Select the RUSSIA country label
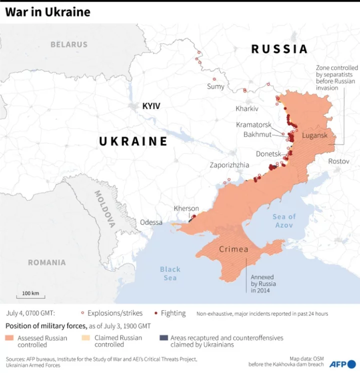click(x=279, y=49)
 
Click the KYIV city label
click(x=151, y=106)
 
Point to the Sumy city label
click(x=215, y=86)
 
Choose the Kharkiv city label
click(x=247, y=108)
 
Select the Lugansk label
click(x=314, y=135)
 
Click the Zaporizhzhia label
click(x=229, y=164)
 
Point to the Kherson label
click(x=186, y=208)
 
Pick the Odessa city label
click(x=151, y=222)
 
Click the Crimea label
click(x=233, y=249)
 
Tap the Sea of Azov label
click(x=284, y=220)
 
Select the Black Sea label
click(x=170, y=273)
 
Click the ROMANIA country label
click(x=46, y=262)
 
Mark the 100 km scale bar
click(x=30, y=297)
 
